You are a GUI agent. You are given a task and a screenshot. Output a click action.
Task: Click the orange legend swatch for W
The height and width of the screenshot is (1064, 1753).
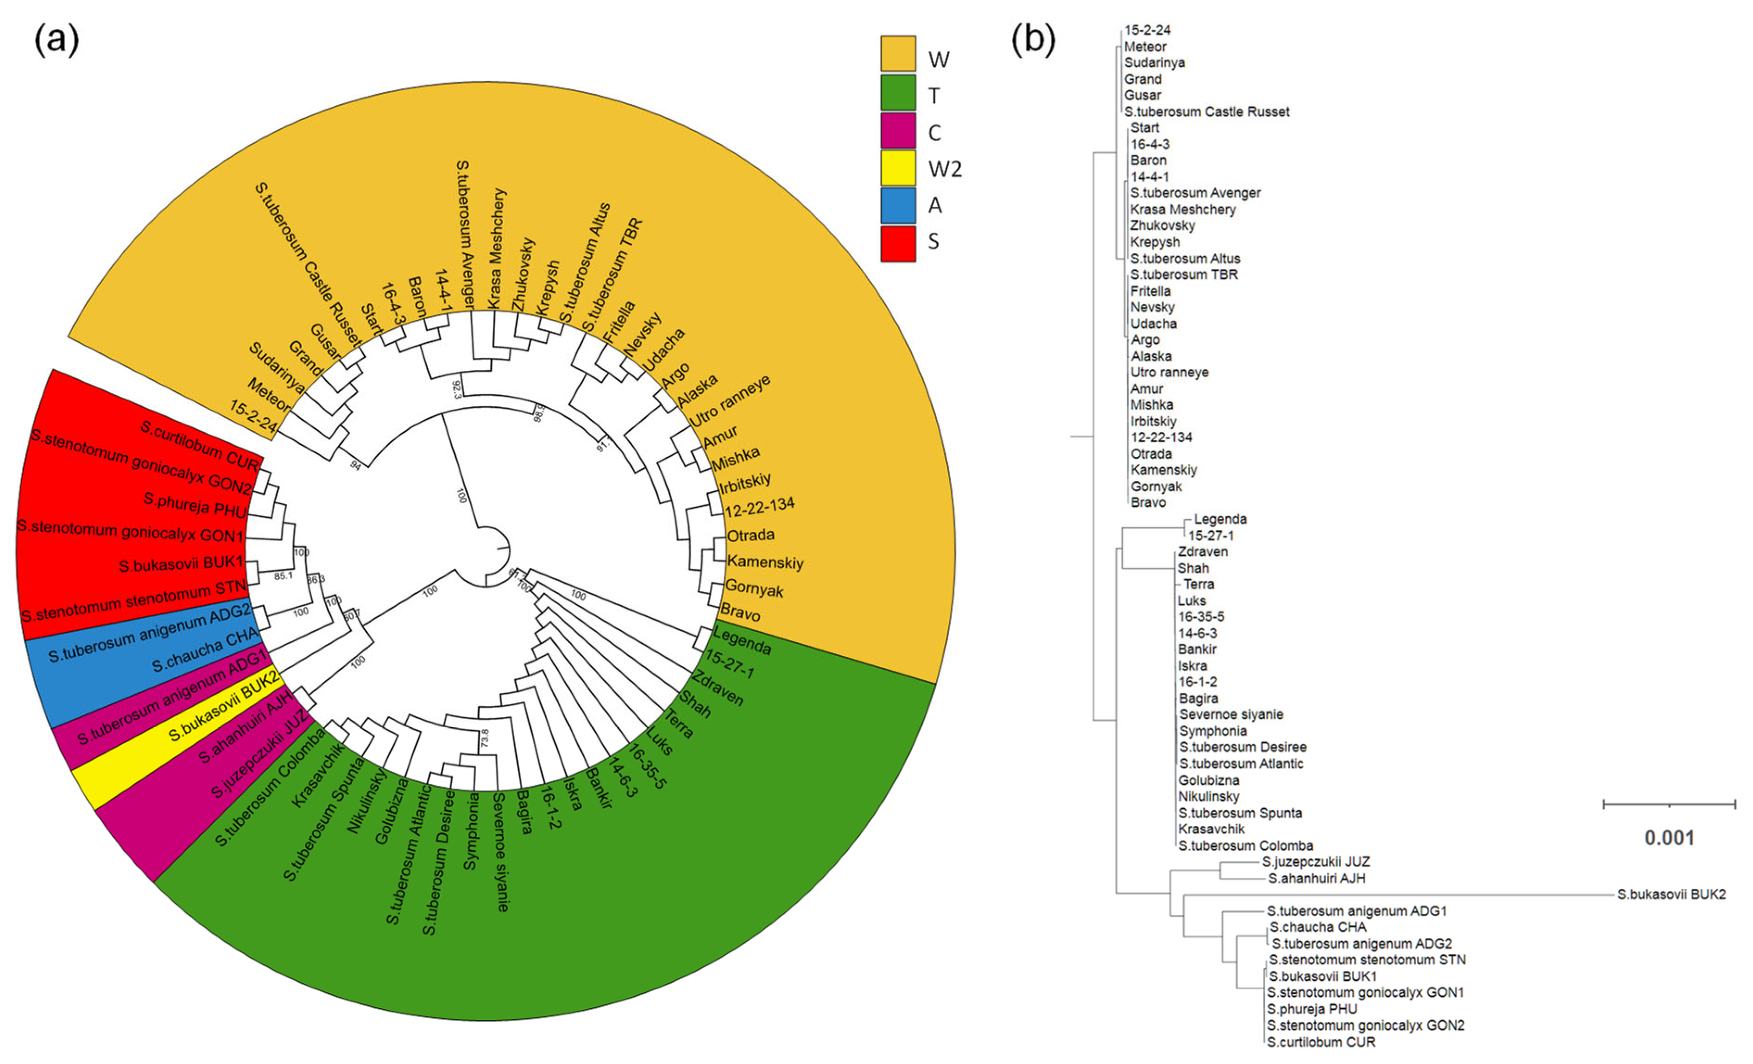tap(898, 53)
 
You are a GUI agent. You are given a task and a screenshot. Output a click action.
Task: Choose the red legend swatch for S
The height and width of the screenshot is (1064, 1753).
tap(898, 243)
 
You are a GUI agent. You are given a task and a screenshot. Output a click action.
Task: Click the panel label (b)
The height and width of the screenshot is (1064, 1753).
tap(1033, 39)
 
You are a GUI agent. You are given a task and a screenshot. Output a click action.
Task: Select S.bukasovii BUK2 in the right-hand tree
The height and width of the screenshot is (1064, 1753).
tap(1671, 894)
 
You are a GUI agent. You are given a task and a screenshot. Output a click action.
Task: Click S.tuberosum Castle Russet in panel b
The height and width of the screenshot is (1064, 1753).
tap(1207, 112)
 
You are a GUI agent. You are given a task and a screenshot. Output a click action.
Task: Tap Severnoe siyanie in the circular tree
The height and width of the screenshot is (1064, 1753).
tap(500, 852)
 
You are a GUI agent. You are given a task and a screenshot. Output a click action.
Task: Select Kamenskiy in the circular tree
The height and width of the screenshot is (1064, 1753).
tap(765, 562)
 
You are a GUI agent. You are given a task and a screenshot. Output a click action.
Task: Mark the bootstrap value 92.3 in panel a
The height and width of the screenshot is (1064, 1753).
tap(457, 389)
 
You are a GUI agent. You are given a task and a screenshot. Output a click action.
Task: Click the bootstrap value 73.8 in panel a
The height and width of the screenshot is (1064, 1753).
tap(485, 737)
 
